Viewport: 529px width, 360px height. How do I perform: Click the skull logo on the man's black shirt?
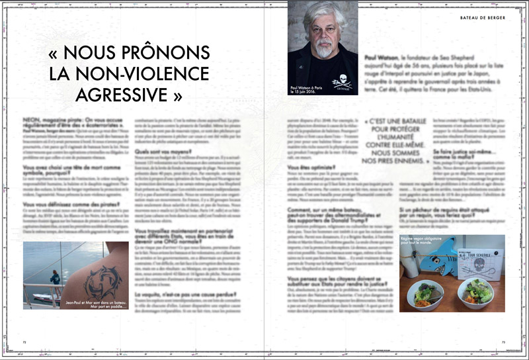click(342, 81)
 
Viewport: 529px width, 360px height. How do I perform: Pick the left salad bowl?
click(423, 291)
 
